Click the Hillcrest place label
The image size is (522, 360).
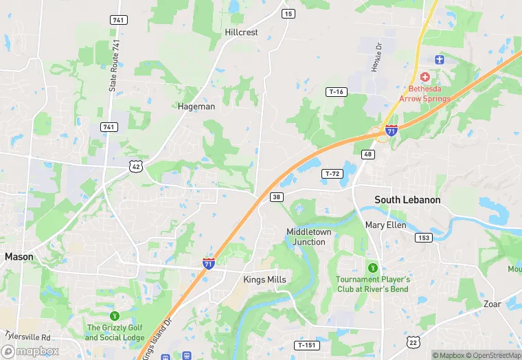click(241, 32)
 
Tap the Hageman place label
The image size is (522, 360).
click(196, 106)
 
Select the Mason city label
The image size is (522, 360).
click(19, 256)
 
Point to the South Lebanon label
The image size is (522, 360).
click(407, 200)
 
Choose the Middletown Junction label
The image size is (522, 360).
click(309, 237)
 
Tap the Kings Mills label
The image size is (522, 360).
click(264, 280)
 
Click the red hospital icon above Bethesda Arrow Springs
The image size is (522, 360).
click(425, 76)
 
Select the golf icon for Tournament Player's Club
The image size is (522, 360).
click(373, 267)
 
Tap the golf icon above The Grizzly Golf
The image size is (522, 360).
click(115, 315)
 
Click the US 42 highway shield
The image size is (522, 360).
click(135, 166)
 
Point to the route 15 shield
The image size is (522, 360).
click(288, 14)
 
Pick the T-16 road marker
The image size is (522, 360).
click(337, 92)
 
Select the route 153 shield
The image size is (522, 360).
click(423, 237)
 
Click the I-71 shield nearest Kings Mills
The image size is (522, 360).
click(208, 262)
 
